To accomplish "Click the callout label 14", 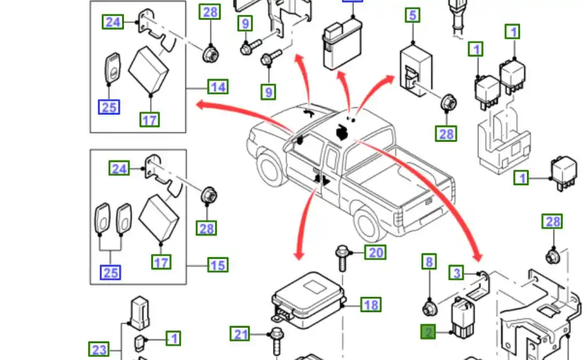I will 218,87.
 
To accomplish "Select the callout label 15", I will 218,265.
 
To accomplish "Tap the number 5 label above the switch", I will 413,15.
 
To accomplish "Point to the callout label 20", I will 376,252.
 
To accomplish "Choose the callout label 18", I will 371,305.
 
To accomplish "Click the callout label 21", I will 241,334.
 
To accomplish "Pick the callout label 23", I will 99,350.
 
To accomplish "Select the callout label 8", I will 429,262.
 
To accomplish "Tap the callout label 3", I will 457,273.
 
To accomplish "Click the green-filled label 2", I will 428,333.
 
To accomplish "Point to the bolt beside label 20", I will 342,257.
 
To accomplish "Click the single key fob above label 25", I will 113,68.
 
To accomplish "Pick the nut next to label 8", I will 428,307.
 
